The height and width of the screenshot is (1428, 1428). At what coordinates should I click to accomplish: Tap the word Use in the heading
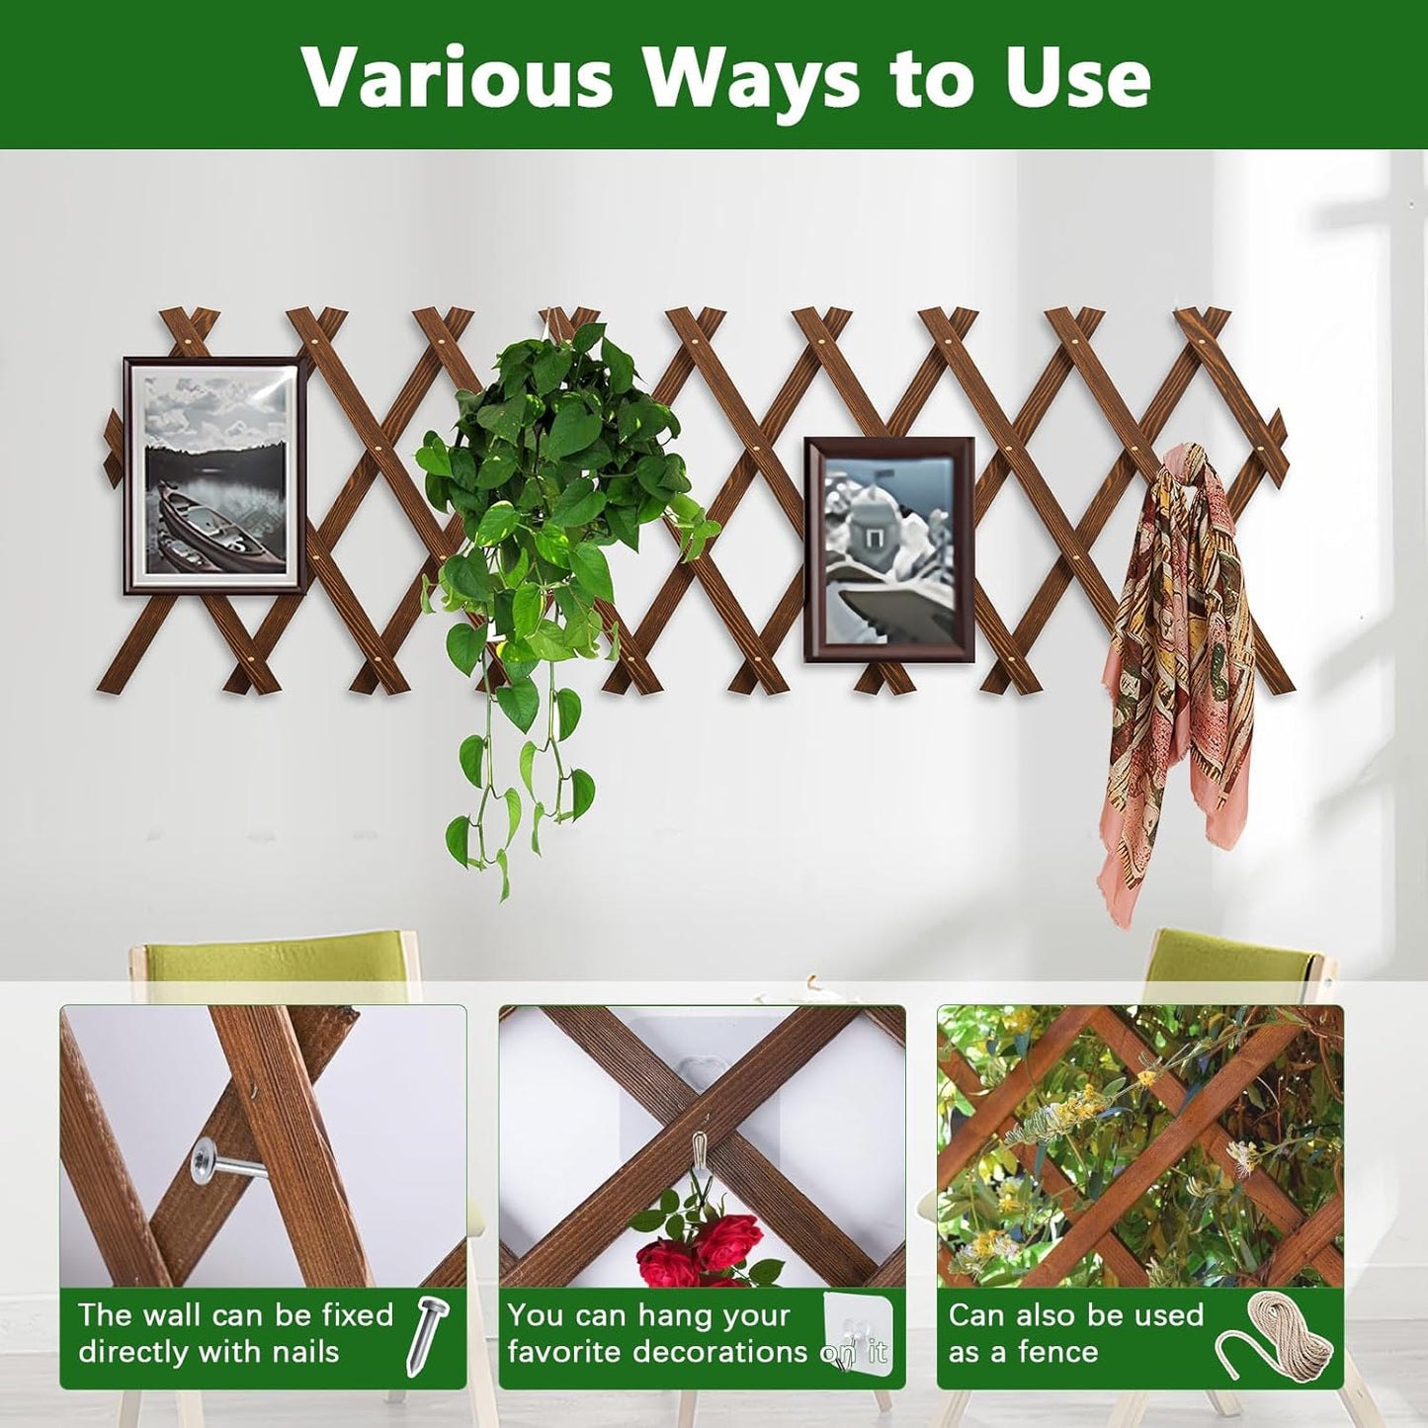pyautogui.click(x=1078, y=77)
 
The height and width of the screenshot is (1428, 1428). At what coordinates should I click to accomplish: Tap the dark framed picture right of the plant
pyautogui.click(x=888, y=549)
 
